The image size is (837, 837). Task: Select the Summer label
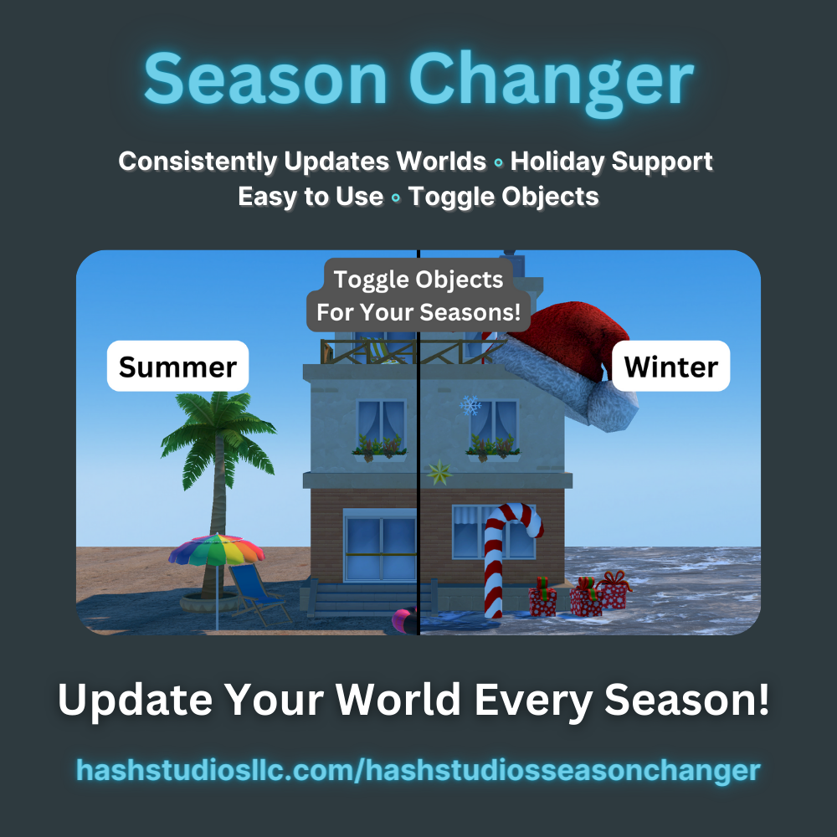click(177, 366)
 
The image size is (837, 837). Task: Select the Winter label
click(670, 366)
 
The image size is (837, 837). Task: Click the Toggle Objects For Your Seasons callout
click(418, 296)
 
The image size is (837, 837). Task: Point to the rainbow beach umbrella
click(216, 550)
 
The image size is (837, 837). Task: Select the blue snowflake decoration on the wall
click(470, 407)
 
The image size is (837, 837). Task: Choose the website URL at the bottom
click(418, 770)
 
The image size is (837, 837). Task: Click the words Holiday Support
click(612, 161)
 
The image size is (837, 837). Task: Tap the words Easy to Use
click(311, 197)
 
